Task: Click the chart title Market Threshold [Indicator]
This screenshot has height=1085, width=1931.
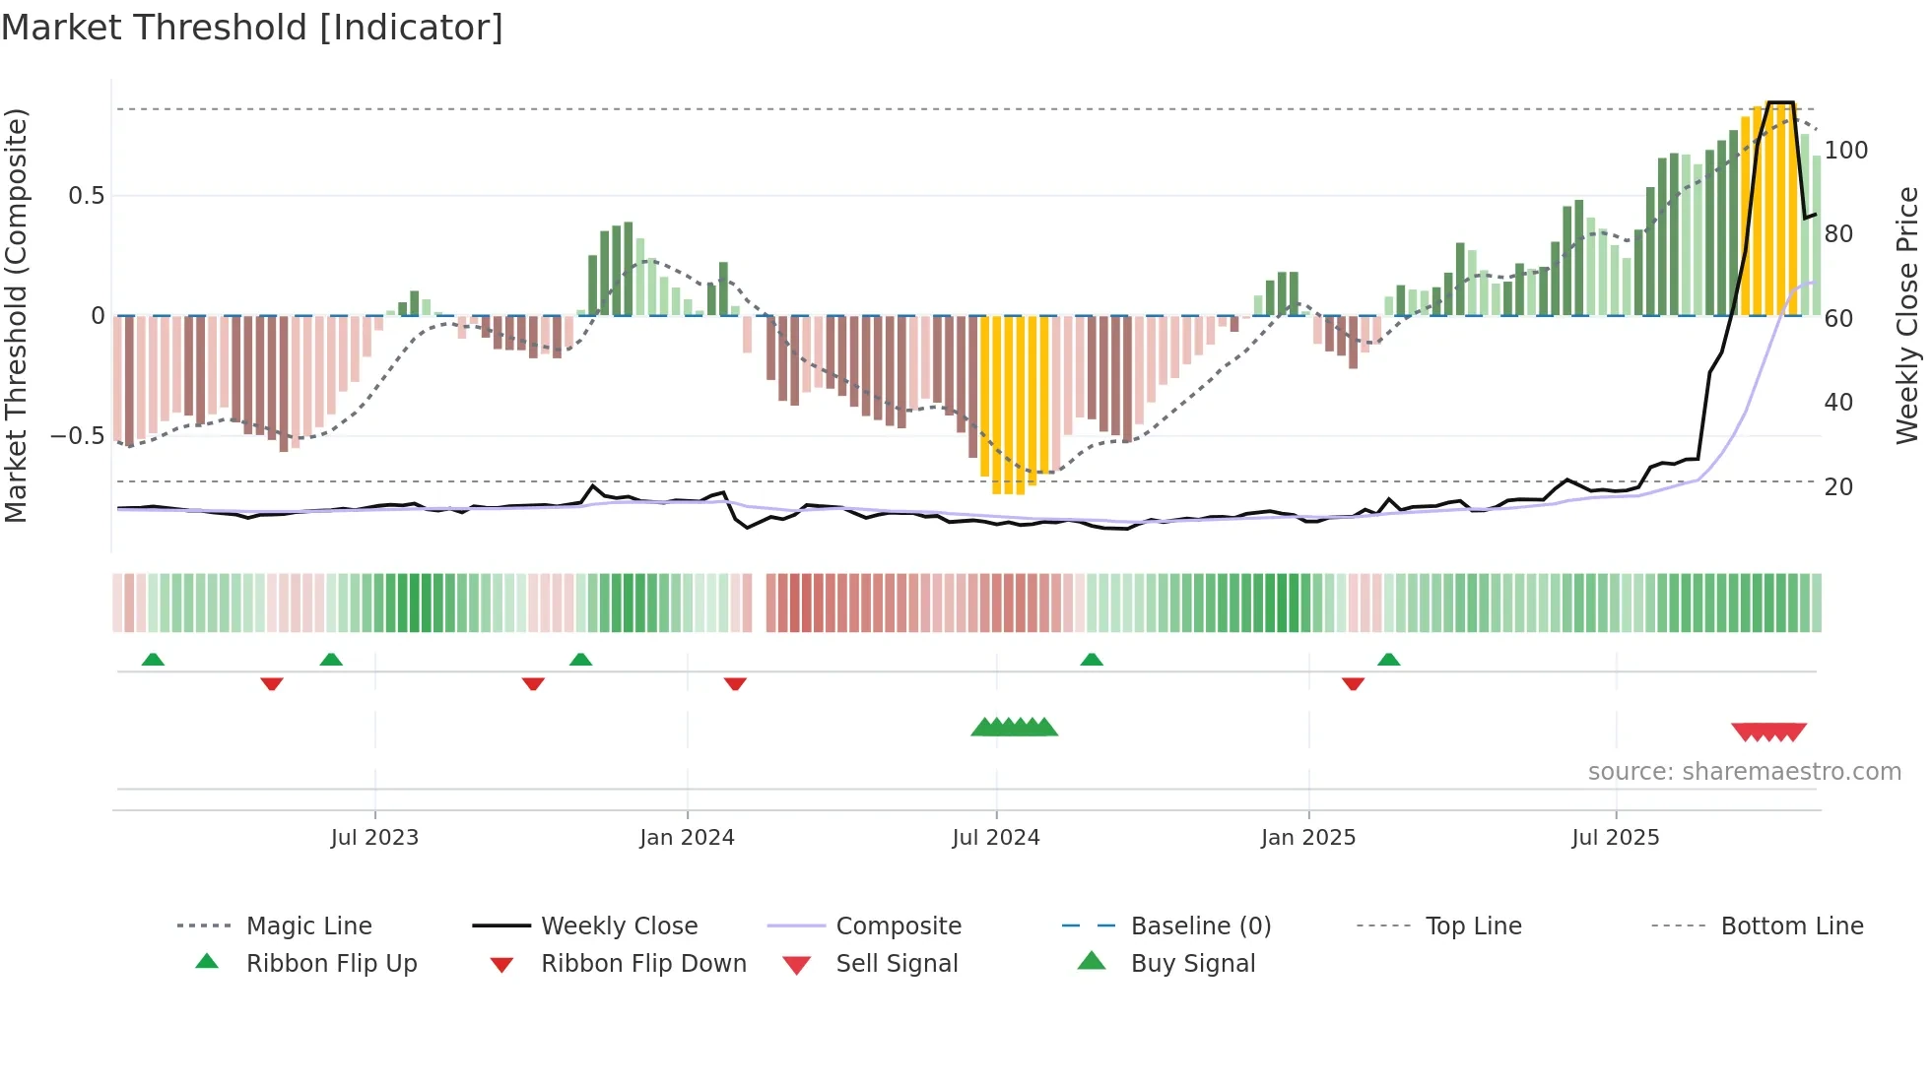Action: tap(252, 28)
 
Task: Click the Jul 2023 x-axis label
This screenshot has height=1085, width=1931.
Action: tap(374, 838)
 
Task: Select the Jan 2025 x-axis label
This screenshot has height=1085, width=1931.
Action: tap(1308, 838)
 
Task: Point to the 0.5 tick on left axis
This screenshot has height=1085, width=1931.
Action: tap(87, 196)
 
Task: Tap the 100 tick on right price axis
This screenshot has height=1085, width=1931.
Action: tap(1845, 151)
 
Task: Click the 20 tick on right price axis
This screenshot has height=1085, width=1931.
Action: tap(1838, 487)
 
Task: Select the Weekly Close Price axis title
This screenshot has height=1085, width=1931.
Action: tap(1907, 315)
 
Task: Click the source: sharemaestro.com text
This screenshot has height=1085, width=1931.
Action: tap(1744, 772)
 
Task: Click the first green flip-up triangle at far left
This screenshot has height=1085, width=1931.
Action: tap(153, 660)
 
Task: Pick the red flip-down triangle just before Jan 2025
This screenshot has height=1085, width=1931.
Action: tap(1353, 683)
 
